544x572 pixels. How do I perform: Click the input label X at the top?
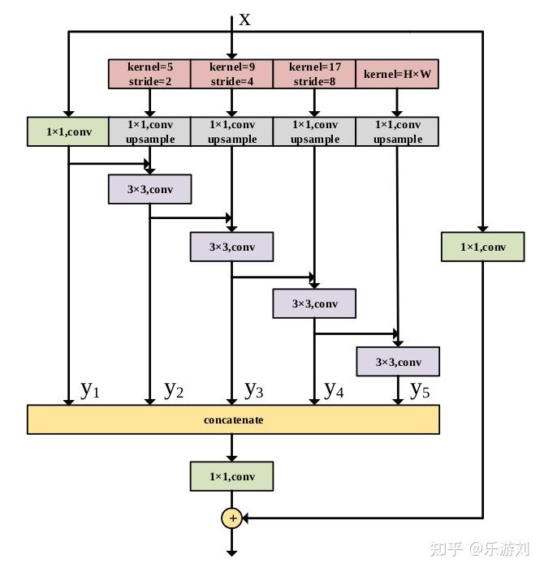[244, 19]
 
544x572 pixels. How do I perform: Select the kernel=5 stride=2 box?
[149, 74]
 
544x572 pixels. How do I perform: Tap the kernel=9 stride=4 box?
[232, 74]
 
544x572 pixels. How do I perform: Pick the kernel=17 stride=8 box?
[314, 74]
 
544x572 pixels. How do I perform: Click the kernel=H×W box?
[397, 74]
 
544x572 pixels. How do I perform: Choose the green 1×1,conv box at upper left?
[68, 131]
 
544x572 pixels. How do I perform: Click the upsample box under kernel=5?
[149, 131]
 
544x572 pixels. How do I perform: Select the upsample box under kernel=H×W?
[397, 131]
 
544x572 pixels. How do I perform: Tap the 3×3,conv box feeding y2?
[149, 189]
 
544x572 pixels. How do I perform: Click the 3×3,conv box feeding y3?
[232, 247]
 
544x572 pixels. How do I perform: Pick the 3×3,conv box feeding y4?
[314, 303]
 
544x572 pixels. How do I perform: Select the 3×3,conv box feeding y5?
[398, 362]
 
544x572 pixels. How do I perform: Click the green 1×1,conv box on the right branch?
[482, 247]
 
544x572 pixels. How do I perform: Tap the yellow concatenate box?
[233, 419]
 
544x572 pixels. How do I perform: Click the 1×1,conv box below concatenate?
[232, 476]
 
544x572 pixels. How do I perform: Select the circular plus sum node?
[232, 518]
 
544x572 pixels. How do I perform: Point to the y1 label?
[90, 389]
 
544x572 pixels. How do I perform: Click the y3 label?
[254, 389]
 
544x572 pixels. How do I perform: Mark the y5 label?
[419, 389]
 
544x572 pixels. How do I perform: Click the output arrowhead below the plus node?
[232, 552]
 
